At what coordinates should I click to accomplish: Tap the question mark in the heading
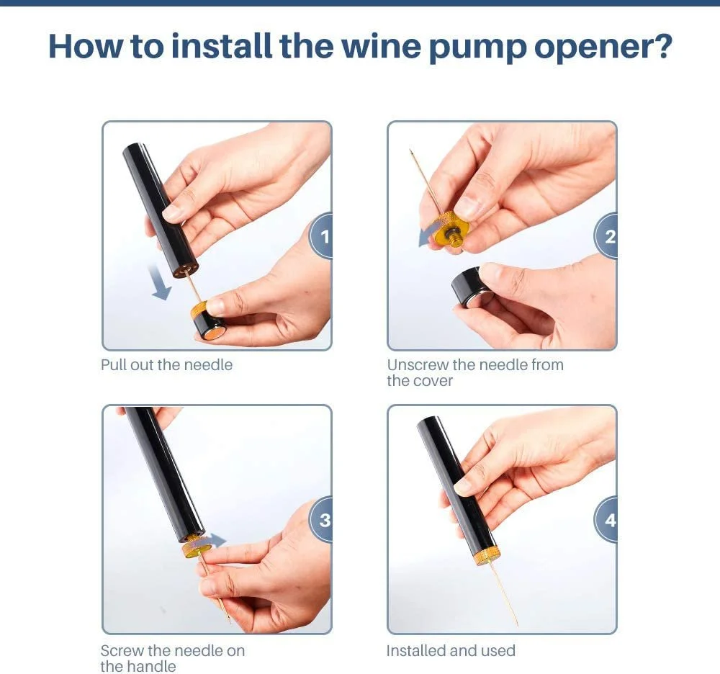(x=662, y=45)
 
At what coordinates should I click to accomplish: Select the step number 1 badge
(x=321, y=236)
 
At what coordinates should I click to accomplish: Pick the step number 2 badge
(x=606, y=236)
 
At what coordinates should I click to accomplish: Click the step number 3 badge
(x=321, y=519)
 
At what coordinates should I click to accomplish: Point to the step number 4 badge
(x=606, y=519)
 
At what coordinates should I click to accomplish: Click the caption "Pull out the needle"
(x=167, y=365)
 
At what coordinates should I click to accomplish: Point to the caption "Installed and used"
(x=451, y=650)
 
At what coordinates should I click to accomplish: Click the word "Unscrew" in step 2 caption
(x=418, y=365)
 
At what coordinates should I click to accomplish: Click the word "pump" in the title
(x=478, y=47)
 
